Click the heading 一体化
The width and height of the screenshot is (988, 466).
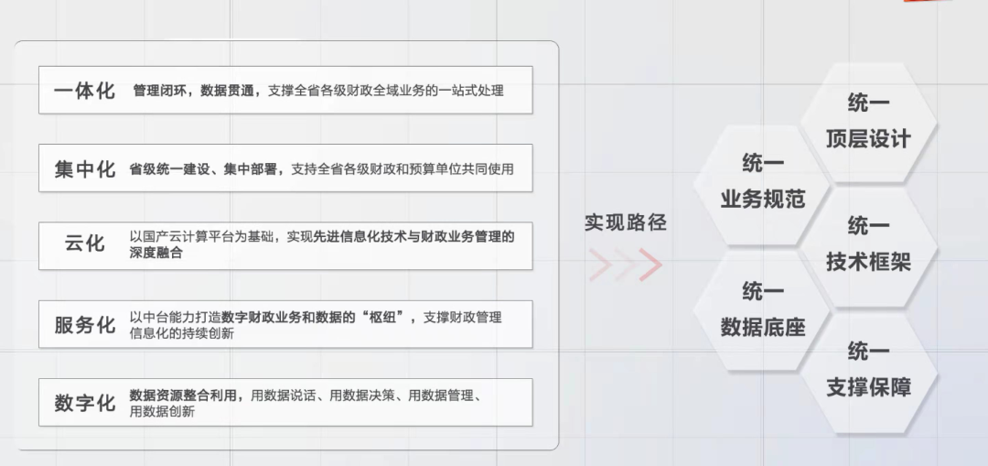85,91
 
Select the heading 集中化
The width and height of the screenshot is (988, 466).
85,169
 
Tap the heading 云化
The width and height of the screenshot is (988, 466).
85,244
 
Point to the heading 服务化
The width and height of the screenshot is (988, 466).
85,325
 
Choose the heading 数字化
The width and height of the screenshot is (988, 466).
85,403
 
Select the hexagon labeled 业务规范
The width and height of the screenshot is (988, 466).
762,182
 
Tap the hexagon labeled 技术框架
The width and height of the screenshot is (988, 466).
868,245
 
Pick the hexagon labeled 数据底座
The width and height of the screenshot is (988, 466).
762,309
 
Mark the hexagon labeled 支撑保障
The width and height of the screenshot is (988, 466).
868,370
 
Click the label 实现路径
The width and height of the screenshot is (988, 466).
626,222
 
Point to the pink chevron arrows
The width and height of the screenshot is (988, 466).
626,265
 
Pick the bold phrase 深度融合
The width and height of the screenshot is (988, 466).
156,253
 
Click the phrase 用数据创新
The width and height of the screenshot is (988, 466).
162,411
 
